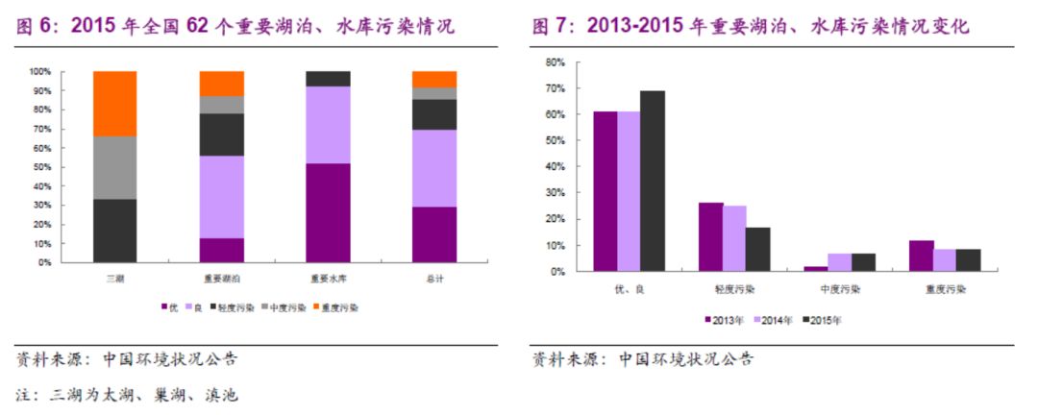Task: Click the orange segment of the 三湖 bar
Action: click(114, 104)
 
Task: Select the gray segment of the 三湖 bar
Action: click(114, 167)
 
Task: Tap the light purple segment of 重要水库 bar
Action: click(328, 125)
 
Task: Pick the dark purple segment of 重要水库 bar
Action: click(328, 212)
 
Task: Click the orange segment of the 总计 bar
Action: click(434, 79)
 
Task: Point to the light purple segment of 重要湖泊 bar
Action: click(221, 197)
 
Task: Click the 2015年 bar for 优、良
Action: click(653, 181)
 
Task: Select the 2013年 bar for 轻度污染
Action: click(710, 236)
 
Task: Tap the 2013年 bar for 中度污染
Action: click(816, 269)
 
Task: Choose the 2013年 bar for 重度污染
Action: click(921, 256)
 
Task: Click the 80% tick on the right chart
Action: click(554, 61)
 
